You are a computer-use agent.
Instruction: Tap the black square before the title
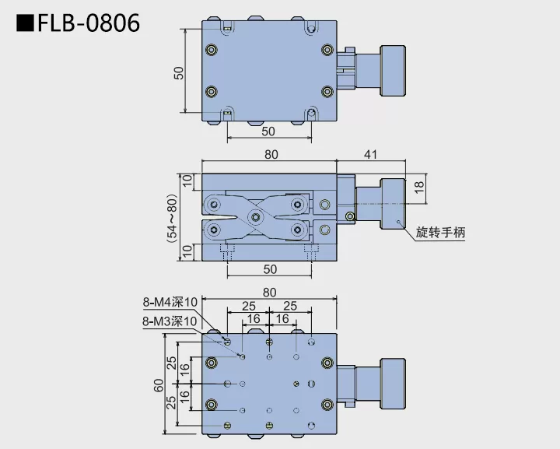[25, 24]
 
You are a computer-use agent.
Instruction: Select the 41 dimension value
[370, 154]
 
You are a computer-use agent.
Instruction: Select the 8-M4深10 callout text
[170, 301]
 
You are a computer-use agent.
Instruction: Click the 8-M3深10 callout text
[170, 320]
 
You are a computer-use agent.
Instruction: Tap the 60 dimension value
[158, 385]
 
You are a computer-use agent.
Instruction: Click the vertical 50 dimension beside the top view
[179, 72]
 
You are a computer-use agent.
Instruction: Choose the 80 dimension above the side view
[269, 154]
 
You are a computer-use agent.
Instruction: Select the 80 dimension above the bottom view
[269, 293]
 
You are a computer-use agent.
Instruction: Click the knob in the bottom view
[394, 384]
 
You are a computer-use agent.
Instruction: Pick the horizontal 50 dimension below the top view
[268, 132]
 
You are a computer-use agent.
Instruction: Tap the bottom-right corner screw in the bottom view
[327, 403]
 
